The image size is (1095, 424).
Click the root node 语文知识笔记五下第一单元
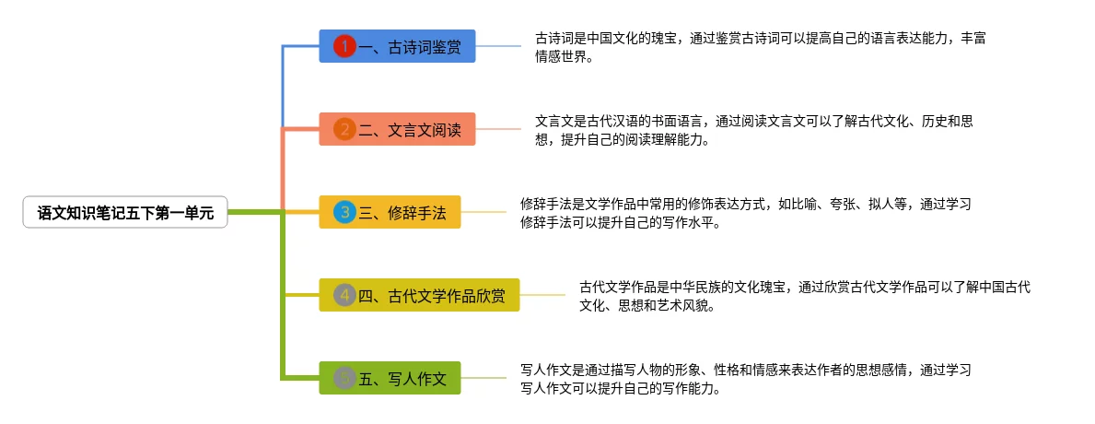coord(124,213)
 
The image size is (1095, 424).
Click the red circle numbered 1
coord(344,46)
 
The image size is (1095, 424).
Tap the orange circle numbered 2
coord(344,129)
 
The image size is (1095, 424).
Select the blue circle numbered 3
coord(344,213)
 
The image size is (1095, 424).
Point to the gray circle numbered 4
coord(344,295)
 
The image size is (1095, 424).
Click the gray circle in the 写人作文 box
coord(344,378)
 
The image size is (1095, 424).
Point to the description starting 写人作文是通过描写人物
coord(745,379)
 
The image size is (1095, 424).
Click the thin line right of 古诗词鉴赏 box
coord(498,46)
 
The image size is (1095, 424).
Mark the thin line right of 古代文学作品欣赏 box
coord(542,295)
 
